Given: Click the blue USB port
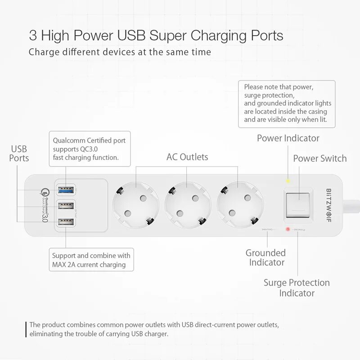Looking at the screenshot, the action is pos(66,189).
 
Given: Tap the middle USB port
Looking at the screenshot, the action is pos(66,206).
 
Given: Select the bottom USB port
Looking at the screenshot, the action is pos(66,221).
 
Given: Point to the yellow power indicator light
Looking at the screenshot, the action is pos(288,181).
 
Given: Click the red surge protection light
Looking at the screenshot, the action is pos(288,230).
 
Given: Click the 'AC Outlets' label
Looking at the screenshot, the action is pos(187,157).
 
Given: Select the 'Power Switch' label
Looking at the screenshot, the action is pos(320,158).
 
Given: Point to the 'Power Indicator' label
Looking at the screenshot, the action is pos(288,138).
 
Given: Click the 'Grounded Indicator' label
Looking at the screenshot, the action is pos(265,257).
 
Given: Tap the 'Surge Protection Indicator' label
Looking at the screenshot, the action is pos(297,288).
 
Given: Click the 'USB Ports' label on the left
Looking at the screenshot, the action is pos(19,153).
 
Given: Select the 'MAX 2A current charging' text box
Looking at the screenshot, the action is pos(91,260).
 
